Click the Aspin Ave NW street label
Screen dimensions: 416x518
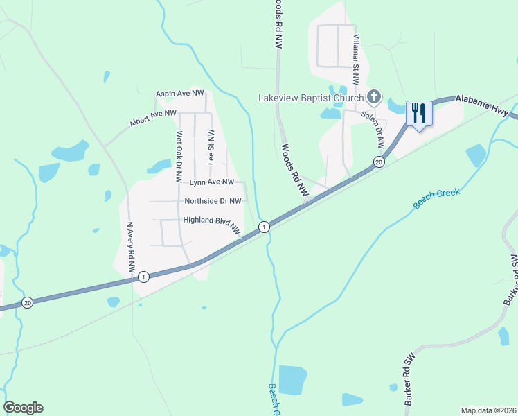coord(180,93)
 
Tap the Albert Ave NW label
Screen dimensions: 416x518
coord(153,118)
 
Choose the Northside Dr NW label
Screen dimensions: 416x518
coord(213,201)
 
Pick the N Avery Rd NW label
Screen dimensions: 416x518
coord(130,246)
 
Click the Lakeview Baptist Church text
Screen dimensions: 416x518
coord(310,98)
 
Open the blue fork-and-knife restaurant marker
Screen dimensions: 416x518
coord(418,113)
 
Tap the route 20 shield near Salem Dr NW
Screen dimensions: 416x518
coord(378,162)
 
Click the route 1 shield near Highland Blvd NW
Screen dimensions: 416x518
coord(263,227)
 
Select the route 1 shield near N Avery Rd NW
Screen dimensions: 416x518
coord(143,277)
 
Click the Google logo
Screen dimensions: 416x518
coord(24,408)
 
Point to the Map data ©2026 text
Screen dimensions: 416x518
coord(488,410)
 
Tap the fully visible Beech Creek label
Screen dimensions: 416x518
coord(436,198)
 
